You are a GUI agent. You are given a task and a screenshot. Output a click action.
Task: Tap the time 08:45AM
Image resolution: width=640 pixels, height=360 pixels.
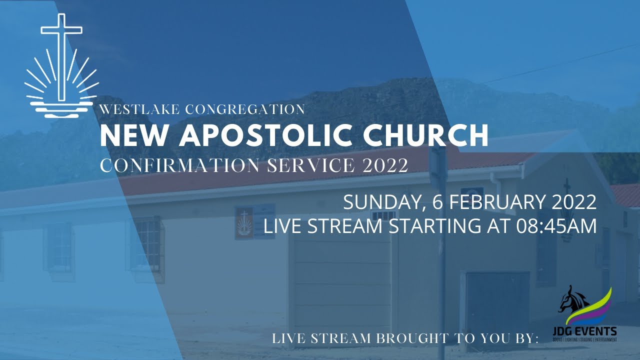(556, 226)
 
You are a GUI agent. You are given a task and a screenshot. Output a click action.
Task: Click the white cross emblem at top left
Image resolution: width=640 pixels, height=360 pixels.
(61, 65)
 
